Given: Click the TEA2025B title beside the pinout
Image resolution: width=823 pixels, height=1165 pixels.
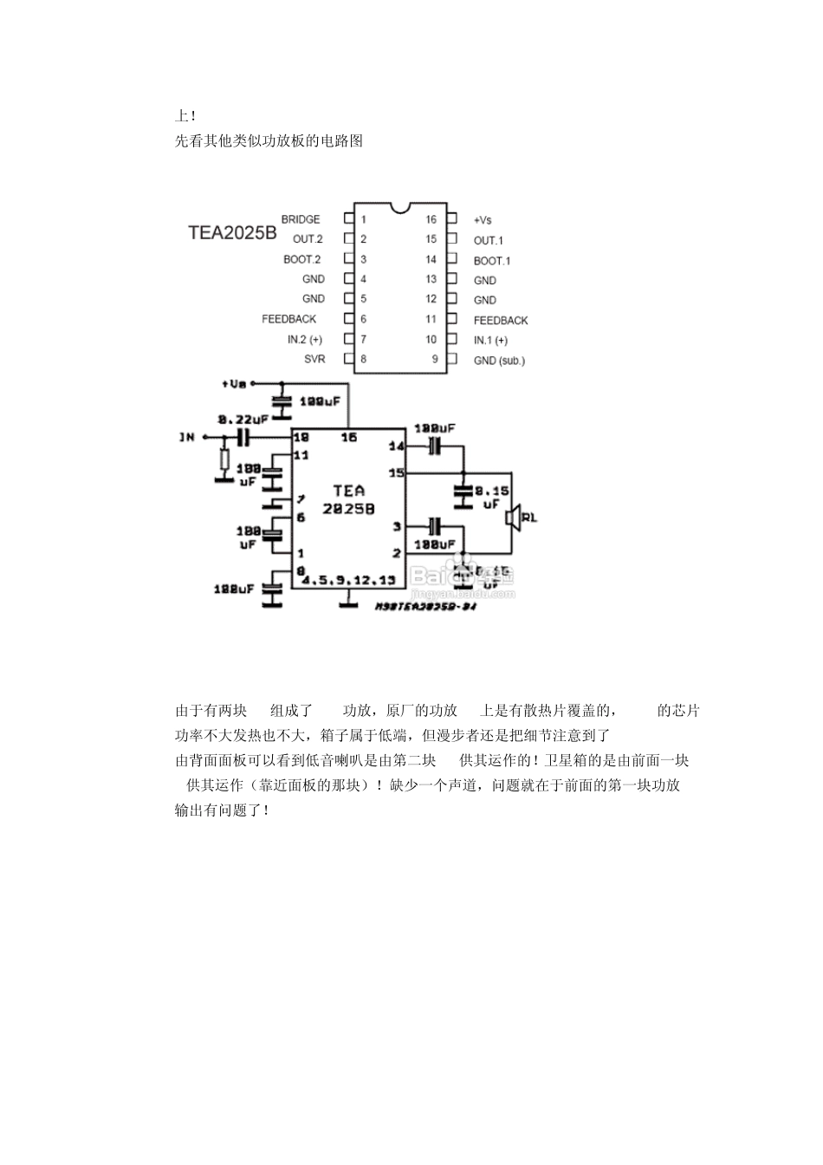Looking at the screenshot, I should [x=232, y=233].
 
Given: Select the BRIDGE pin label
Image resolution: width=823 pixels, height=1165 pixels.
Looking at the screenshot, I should [x=301, y=219].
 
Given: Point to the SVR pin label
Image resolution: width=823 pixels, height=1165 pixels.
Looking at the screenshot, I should [x=314, y=359].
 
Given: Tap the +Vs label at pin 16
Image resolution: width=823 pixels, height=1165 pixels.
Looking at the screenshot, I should [x=483, y=220].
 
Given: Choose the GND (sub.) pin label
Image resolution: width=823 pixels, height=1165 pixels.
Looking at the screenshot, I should [x=499, y=360].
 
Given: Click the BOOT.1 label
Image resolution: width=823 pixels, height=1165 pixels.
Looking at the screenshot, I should [x=492, y=260].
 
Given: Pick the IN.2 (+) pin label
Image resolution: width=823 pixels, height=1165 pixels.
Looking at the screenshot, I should [x=305, y=340].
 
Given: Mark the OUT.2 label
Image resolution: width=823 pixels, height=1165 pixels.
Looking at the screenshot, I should [x=308, y=239].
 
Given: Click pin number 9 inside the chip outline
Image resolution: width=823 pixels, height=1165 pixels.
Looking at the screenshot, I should [x=435, y=359].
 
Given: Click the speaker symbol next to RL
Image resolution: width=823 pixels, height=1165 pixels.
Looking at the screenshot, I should [x=514, y=517].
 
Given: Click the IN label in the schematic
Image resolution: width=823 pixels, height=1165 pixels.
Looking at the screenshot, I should [x=187, y=437].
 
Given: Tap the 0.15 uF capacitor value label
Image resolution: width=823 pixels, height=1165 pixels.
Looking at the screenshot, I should [x=491, y=497].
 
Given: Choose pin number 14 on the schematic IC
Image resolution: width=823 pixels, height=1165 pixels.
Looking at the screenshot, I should [x=396, y=446].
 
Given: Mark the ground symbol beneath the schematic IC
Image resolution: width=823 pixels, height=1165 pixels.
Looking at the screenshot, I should [x=348, y=602].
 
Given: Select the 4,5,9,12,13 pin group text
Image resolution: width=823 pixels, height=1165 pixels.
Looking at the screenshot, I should [x=347, y=579].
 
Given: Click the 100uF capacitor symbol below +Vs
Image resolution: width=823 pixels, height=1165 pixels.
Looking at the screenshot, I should [x=280, y=401].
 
